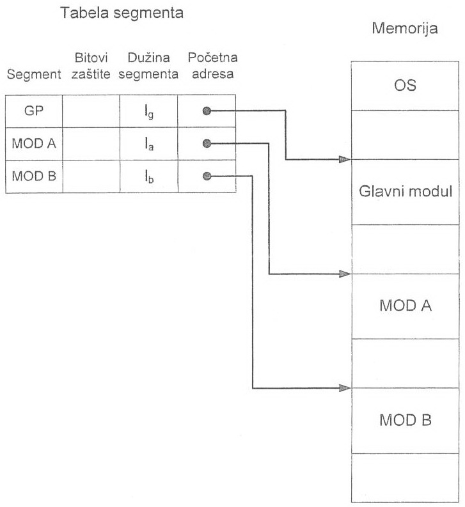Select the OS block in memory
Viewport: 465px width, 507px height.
[405, 86]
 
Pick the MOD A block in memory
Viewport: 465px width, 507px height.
[405, 306]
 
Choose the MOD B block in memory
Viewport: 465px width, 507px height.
[405, 421]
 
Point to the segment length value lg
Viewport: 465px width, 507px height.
[148, 112]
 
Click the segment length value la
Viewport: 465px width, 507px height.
[148, 144]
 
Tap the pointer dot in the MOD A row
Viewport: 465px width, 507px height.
[206, 143]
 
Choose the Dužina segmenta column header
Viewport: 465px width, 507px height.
[148, 66]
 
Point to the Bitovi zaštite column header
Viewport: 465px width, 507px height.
[91, 66]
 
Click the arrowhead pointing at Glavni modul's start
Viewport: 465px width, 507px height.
[345, 159]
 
